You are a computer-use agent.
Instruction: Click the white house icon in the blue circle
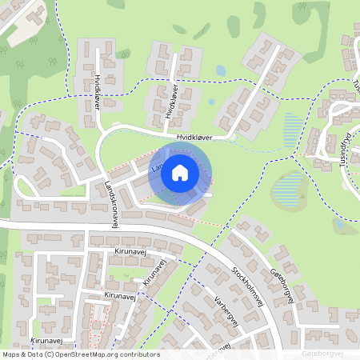click(x=180, y=173)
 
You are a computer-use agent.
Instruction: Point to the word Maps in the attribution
click(x=10, y=354)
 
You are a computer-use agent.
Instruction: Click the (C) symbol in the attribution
click(x=50, y=354)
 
